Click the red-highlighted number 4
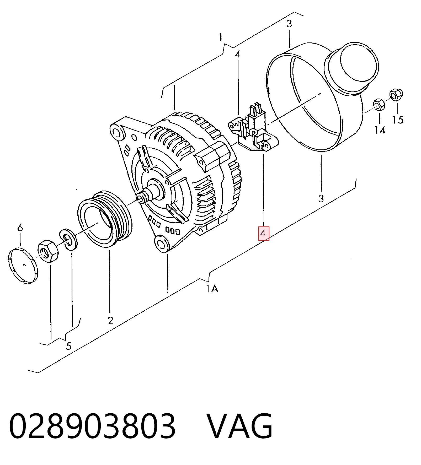point(263,233)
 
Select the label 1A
point(212,289)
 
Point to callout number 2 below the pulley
point(110,320)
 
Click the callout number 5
point(68,346)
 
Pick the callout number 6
point(20,228)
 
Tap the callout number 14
point(380,130)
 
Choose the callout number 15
point(398,120)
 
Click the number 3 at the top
point(289,24)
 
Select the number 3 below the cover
point(321,198)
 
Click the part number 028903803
point(92,426)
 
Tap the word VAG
point(240,426)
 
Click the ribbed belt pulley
point(105,219)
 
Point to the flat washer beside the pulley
point(68,240)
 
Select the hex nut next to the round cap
point(48,251)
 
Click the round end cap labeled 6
point(23,266)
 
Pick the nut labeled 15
point(396,95)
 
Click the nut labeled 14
point(379,105)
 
